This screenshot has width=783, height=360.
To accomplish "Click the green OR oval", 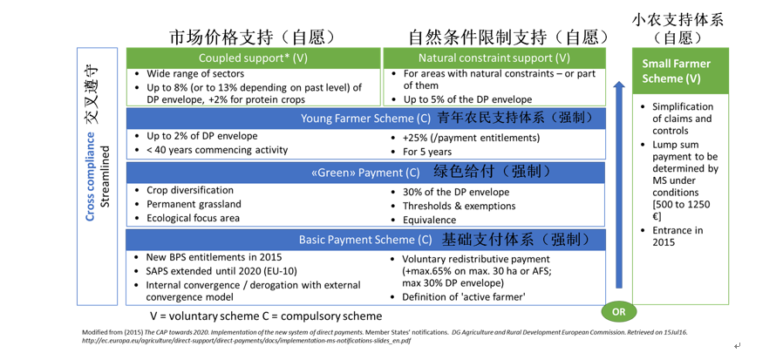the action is coord(618,311).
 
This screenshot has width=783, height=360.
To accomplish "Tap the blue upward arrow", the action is coord(619,184).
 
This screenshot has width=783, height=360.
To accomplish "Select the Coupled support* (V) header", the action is coord(253,58).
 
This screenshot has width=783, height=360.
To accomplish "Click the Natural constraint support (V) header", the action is coord(494,58).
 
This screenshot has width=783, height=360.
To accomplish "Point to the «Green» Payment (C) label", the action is coord(365,173).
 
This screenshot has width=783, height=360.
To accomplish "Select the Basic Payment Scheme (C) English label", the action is coord(365,240).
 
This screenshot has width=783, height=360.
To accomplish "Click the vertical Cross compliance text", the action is coord(91,176).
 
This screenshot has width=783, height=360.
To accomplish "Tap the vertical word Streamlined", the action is coord(105,176).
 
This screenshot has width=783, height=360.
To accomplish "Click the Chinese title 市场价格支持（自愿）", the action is coord(252,37).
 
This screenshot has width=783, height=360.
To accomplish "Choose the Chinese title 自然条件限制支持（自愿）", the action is coord(509,37).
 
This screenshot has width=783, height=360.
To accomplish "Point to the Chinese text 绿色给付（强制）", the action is coord(492,173).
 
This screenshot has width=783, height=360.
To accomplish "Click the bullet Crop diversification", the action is coord(190,190).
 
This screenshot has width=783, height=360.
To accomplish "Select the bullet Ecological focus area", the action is coord(193,218).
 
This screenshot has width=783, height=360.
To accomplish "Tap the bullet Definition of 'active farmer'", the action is coord(462,297).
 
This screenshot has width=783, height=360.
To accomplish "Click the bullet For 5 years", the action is coord(427,152).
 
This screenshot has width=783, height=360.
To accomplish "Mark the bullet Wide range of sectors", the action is coord(195,73).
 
